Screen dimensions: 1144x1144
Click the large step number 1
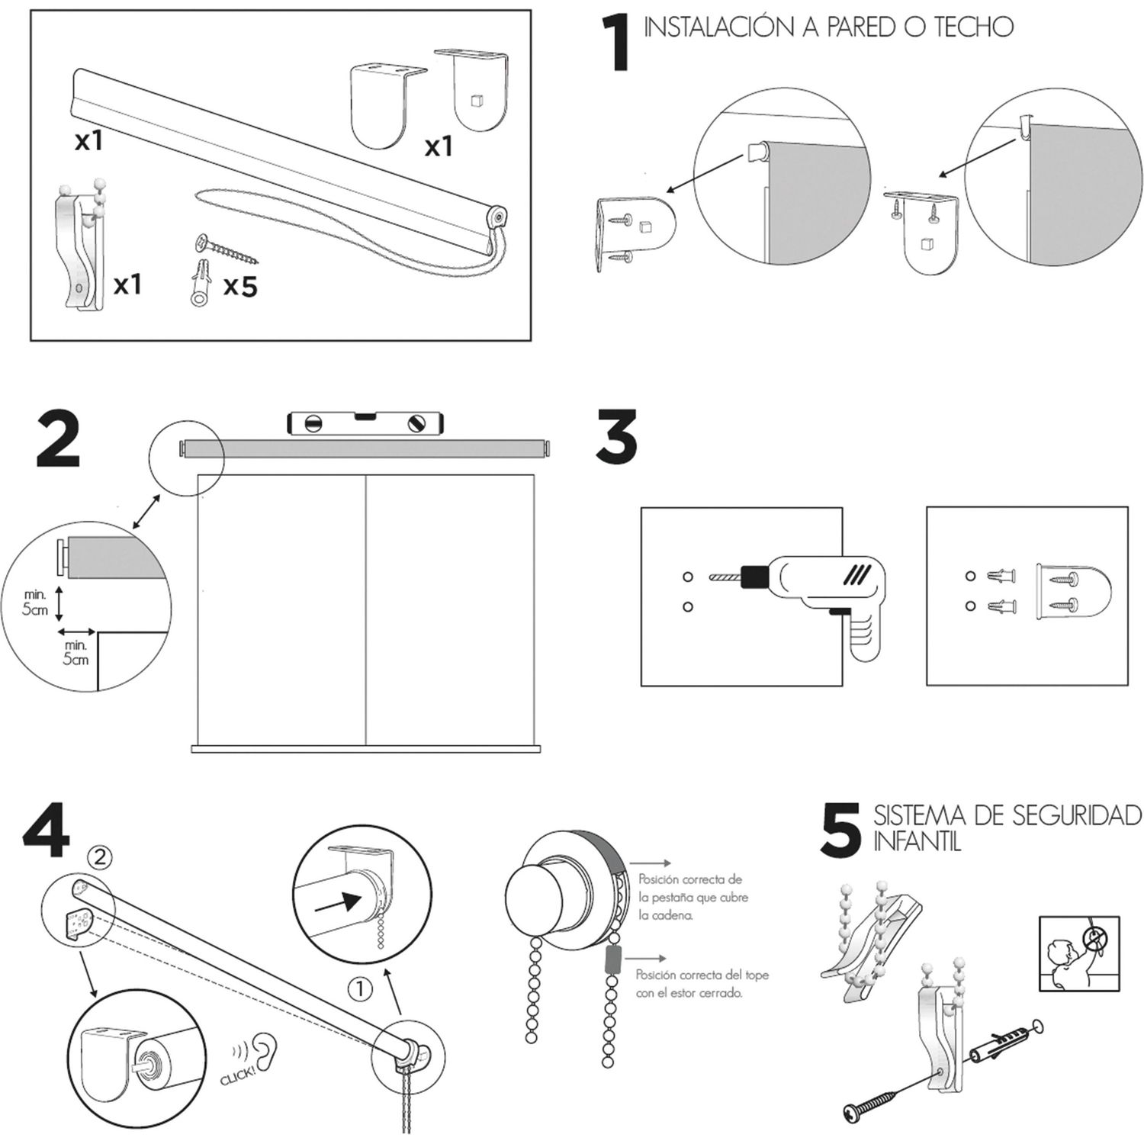pyautogui.click(x=616, y=46)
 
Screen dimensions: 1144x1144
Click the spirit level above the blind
pyautogui.click(x=365, y=423)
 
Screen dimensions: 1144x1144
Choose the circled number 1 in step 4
pyautogui.click(x=359, y=990)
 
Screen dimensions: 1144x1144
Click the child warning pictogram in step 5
pyautogui.click(x=1079, y=953)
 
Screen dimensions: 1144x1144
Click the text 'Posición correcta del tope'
pyautogui.click(x=702, y=975)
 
